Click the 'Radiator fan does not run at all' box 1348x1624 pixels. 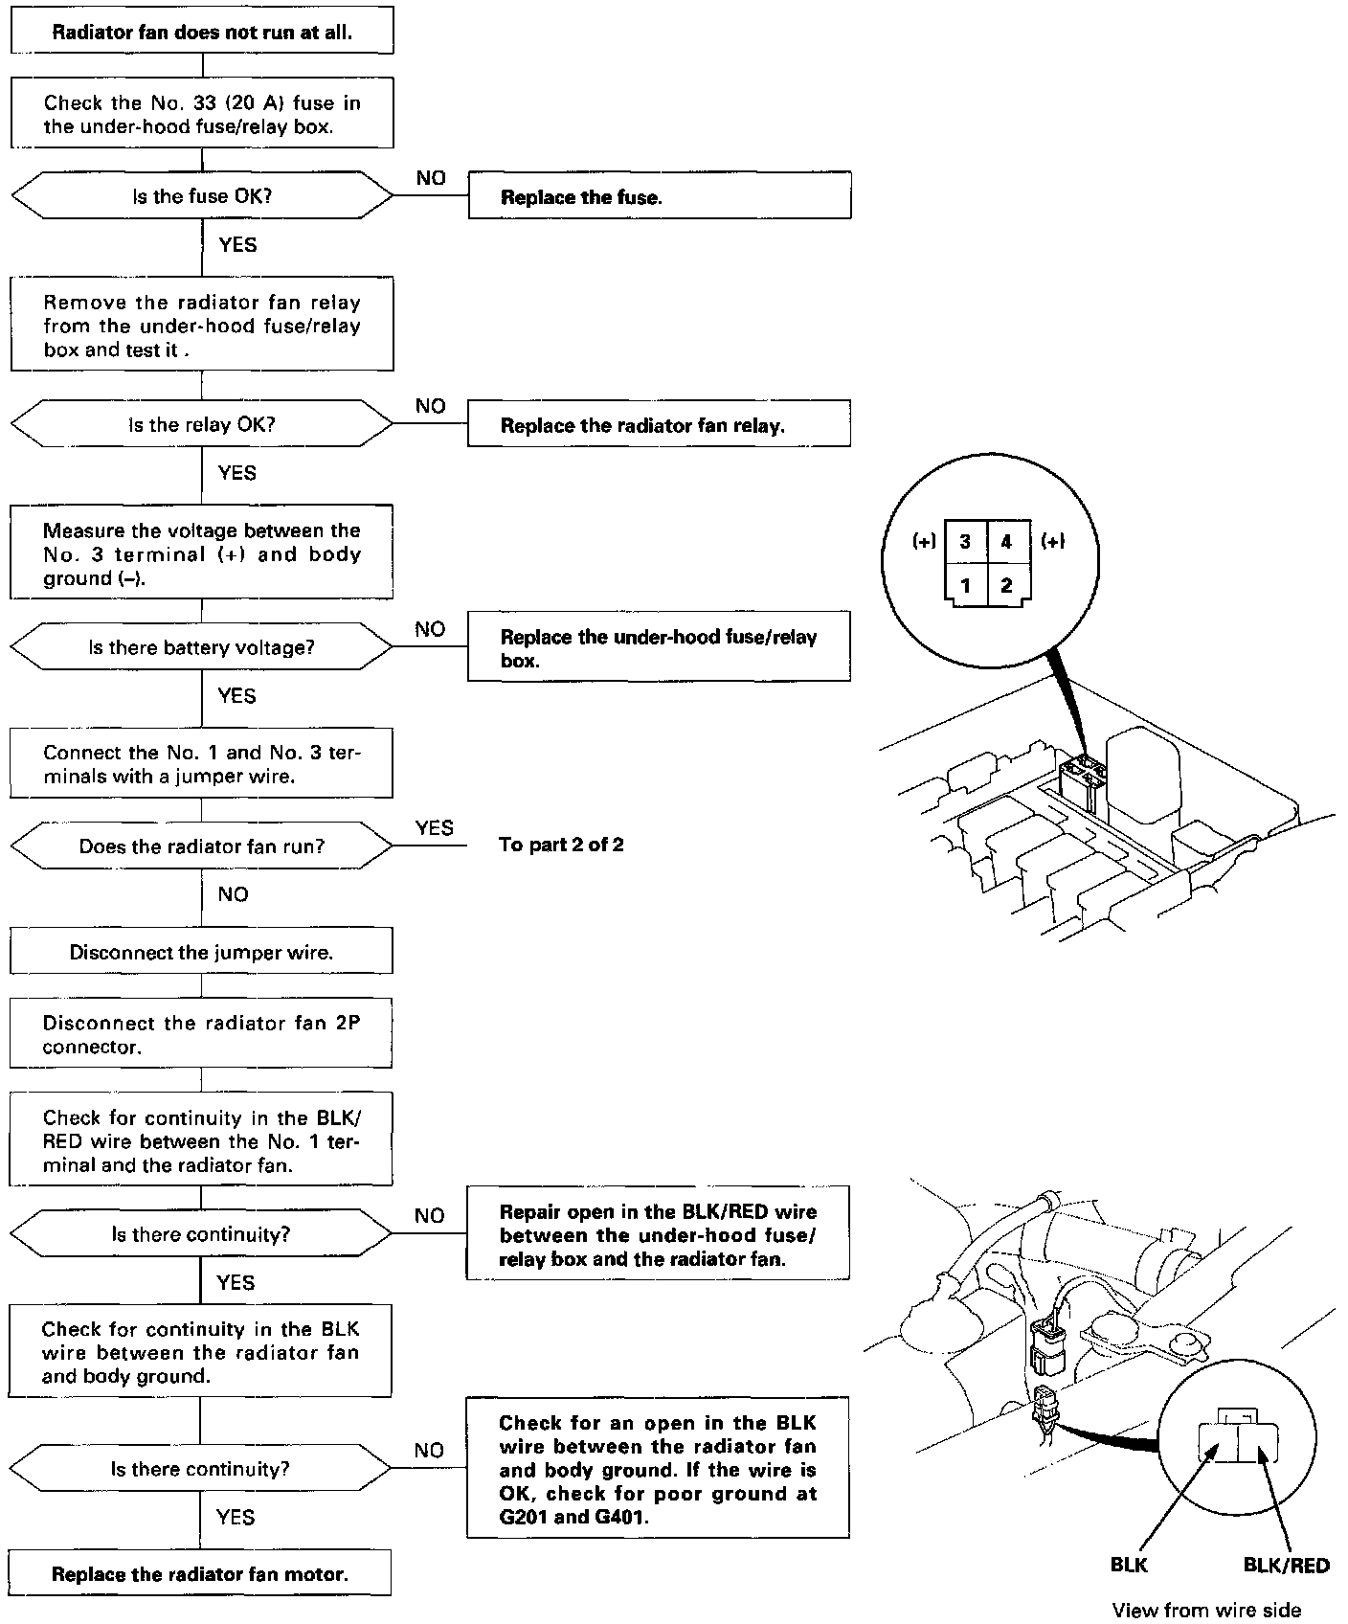click(x=202, y=33)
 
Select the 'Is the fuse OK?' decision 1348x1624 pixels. click(x=202, y=196)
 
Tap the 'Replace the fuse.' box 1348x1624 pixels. click(x=659, y=197)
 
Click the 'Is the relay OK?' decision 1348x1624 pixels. click(x=202, y=424)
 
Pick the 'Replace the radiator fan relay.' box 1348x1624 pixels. click(x=659, y=425)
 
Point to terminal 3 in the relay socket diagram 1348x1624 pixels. click(x=965, y=542)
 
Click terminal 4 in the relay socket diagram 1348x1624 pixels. click(x=1006, y=542)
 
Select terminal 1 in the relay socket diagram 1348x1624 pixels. click(x=965, y=585)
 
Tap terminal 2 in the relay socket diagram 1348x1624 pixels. click(x=1006, y=585)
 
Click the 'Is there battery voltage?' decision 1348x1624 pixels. click(x=202, y=647)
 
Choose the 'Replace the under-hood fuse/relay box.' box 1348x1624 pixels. click(x=659, y=648)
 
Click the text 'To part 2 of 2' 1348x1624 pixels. click(x=561, y=845)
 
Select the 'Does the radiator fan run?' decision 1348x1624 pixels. click(x=202, y=846)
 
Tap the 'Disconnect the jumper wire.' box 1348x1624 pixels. click(x=201, y=953)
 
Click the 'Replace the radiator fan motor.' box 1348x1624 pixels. click(x=200, y=1574)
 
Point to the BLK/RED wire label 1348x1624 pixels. click(x=1286, y=1566)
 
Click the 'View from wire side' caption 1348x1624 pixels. click(x=1205, y=1610)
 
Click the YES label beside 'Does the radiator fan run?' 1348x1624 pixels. click(x=435, y=827)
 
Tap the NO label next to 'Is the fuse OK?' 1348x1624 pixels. click(x=431, y=178)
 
